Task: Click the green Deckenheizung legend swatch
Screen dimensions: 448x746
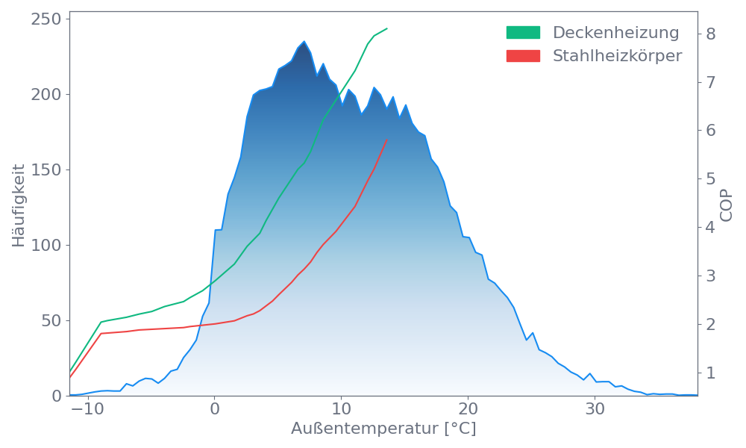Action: (523, 33)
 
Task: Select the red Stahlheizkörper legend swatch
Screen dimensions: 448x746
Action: (523, 56)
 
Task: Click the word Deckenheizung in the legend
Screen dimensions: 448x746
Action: (615, 33)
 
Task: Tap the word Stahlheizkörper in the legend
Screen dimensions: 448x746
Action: (617, 56)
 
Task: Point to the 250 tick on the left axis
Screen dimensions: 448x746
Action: (46, 19)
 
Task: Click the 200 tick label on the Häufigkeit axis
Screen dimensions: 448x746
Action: (46, 94)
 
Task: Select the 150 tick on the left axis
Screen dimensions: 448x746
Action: (46, 169)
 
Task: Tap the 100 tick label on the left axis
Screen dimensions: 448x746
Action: (46, 245)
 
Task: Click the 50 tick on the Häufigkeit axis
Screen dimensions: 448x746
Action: (50, 320)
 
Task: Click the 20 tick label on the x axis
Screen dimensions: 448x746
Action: (468, 410)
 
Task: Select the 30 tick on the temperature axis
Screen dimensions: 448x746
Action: (595, 410)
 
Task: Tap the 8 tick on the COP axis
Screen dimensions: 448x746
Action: (710, 34)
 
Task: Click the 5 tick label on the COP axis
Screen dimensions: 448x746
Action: (710, 178)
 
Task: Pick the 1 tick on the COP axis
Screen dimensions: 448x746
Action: (710, 372)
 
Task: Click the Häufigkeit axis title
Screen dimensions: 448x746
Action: (19, 205)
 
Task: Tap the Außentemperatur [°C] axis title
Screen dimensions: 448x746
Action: (383, 429)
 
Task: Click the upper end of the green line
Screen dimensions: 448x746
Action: (387, 28)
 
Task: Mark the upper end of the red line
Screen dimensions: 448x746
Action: (387, 140)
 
